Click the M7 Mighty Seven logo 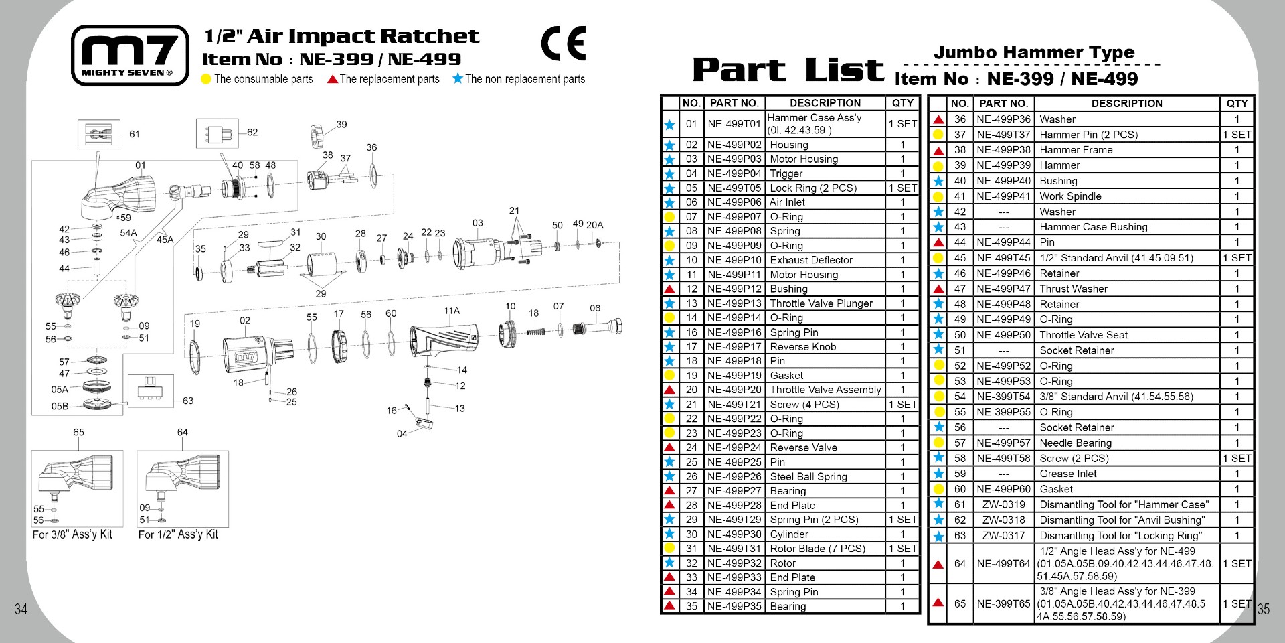[x=130, y=56]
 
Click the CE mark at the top [x=563, y=44]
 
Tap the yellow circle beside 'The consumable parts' [x=206, y=79]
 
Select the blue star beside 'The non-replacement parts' [x=458, y=78]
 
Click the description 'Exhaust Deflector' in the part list [x=811, y=260]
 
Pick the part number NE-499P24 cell [x=734, y=447]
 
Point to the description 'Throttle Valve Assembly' [x=825, y=390]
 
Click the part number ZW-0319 [x=1003, y=504]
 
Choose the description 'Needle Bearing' [x=1076, y=443]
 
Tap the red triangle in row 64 [x=938, y=564]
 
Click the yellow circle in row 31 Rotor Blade [x=669, y=549]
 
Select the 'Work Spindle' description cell [x=1070, y=196]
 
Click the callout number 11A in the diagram [x=452, y=311]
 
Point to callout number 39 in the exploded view [x=341, y=124]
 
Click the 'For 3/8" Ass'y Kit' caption [x=72, y=534]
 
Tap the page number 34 [x=21, y=609]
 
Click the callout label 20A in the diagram [x=594, y=225]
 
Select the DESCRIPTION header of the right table [x=1126, y=104]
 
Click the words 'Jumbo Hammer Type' [x=1033, y=52]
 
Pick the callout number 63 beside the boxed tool [x=188, y=401]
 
